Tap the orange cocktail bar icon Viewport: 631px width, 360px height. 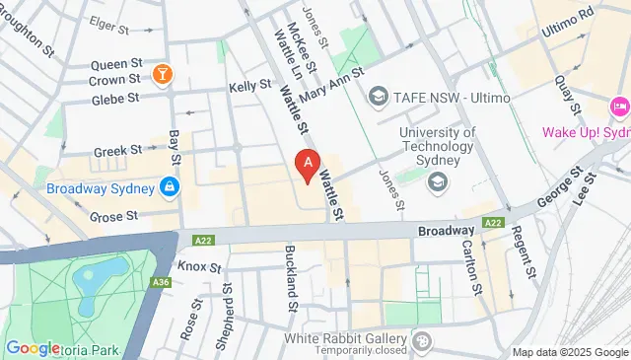(164, 73)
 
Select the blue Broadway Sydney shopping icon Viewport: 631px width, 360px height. (171, 185)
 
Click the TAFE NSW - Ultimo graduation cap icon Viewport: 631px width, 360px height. (377, 96)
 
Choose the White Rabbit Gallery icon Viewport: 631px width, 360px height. (422, 341)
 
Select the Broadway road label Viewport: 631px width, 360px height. (447, 228)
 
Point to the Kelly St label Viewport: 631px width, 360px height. (249, 87)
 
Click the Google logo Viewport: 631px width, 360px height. (33, 347)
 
